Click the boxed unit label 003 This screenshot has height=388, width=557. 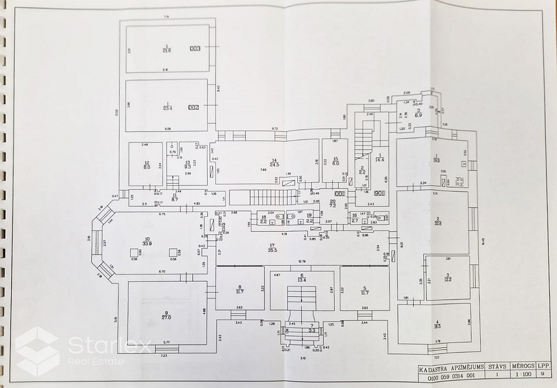tap(194, 48)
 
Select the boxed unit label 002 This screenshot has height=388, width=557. tap(193, 107)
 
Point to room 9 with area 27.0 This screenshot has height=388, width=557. tap(150, 315)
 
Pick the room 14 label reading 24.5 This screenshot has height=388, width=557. tap(273, 163)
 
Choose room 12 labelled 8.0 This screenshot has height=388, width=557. tap(147, 165)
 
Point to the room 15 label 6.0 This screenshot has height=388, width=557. tap(335, 162)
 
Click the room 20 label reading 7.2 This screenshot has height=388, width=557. tap(333, 204)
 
